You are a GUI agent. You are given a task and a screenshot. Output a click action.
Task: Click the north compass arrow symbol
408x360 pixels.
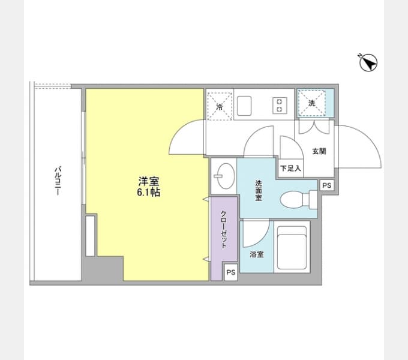[368, 62]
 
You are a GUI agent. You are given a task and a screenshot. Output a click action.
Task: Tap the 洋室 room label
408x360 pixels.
[149, 181]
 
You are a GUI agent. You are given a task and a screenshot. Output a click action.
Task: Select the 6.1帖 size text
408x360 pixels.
[149, 193]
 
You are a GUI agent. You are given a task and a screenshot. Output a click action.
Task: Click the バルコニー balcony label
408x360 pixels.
[58, 181]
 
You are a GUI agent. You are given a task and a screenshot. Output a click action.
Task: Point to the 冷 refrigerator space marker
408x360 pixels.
[220, 107]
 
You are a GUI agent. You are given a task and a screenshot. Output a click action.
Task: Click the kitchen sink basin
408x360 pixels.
[244, 106]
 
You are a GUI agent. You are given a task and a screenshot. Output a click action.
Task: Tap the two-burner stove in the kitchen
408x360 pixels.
[280, 105]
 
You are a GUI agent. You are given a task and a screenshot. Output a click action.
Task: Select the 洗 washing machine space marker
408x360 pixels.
[312, 103]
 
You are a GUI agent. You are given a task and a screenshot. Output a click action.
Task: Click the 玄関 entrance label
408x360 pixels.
[319, 151]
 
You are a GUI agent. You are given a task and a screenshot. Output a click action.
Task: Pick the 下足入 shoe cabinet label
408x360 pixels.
[290, 168]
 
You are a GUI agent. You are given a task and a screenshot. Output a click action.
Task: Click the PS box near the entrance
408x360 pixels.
[327, 185]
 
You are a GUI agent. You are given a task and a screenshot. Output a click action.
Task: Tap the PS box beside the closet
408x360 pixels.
[231, 272]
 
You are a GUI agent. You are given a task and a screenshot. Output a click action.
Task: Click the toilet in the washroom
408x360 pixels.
[299, 200]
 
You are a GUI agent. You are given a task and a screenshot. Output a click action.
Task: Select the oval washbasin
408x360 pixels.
[226, 176]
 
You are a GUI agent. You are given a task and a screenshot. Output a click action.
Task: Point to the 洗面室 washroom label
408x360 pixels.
[259, 190]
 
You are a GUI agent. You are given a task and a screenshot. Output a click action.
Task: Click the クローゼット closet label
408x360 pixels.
[224, 229]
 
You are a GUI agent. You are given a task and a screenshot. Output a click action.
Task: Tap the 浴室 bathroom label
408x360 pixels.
[257, 254]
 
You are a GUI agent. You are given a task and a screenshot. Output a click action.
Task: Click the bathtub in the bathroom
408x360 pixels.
[292, 248]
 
